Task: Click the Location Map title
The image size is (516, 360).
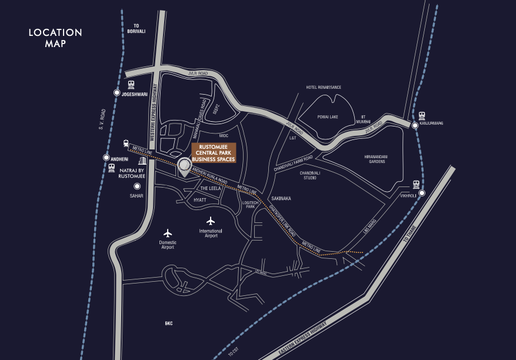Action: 55,38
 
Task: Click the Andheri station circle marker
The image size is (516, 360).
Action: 106,158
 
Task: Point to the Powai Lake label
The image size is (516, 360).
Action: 327,117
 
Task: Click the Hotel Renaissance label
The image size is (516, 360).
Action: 324,87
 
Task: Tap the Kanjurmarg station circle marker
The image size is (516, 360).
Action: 415,125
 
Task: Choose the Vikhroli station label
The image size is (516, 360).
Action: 408,195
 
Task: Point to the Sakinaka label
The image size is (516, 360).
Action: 281,199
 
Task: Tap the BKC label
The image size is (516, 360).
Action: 169,324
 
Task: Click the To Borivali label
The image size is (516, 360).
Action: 135,28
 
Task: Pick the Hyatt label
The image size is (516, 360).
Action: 200,201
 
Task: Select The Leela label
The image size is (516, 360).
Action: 209,188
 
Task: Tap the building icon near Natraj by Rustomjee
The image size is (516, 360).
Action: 142,161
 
